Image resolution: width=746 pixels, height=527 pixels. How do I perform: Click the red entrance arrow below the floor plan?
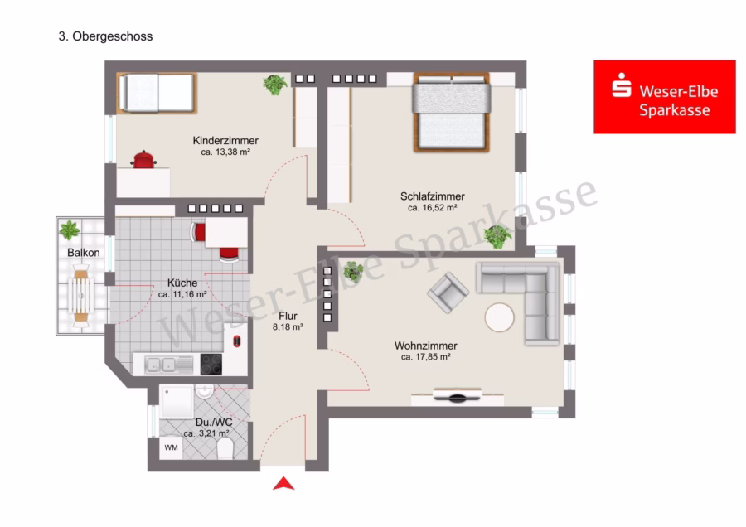coord(283,484)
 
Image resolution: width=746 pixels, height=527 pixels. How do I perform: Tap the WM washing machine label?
coord(171,447)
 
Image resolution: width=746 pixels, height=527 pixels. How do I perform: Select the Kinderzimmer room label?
coord(225,140)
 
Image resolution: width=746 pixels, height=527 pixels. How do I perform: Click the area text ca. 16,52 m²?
coord(433,208)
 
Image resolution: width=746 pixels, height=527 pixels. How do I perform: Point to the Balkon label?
coord(83,253)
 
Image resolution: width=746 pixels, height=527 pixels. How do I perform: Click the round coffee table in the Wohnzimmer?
coord(500,317)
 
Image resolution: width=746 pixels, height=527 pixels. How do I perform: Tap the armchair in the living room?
coord(448,292)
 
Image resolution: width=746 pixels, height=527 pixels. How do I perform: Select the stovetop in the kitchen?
coord(211,365)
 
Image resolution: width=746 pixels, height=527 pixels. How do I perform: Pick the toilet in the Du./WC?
coord(225,448)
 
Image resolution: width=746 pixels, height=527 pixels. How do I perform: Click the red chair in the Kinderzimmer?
coord(143,160)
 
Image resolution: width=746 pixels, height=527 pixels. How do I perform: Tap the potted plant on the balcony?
coord(70,230)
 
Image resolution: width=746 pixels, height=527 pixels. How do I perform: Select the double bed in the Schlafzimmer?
coord(452,112)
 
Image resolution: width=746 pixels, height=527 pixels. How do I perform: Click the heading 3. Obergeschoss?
coord(105,36)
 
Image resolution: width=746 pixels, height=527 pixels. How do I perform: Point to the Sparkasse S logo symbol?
coord(622,85)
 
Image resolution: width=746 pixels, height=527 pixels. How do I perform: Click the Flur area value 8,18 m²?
coord(288,327)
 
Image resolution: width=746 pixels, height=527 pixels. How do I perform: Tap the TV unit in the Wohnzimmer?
coord(458,396)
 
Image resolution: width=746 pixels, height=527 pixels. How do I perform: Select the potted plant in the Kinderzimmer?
coord(275,85)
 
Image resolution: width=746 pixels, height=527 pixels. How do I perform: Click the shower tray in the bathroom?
coord(177,401)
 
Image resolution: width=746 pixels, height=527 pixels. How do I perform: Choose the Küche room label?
coord(182,283)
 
